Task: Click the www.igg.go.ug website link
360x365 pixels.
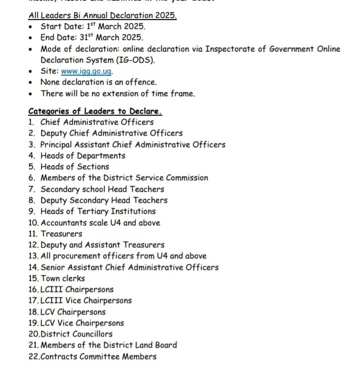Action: click(x=87, y=71)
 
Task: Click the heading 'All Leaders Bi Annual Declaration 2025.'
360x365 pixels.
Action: click(x=103, y=15)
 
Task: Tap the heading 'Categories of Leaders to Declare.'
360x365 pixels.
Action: click(x=95, y=111)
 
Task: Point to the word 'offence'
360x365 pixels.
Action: click(x=140, y=82)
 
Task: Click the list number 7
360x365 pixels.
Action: click(x=32, y=189)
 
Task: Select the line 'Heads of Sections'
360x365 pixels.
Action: click(x=75, y=167)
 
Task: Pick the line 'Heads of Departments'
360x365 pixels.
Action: click(x=83, y=156)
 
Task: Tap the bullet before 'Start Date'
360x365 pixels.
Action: click(x=32, y=27)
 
